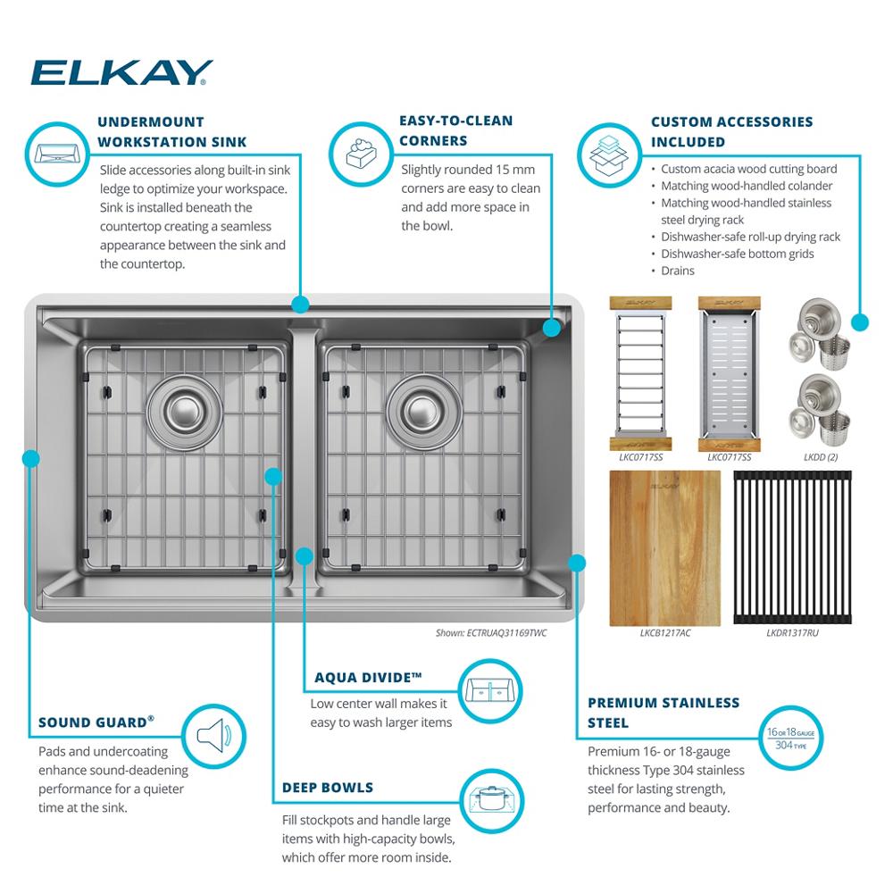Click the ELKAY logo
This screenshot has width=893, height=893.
point(121,72)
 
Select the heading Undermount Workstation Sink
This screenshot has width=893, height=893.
point(171,131)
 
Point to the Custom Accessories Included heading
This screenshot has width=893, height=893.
point(731,131)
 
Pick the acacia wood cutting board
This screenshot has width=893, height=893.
point(665,547)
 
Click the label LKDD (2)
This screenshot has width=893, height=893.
point(820,457)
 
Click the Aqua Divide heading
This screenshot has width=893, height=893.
point(368,678)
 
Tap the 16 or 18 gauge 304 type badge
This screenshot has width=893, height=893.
point(790,738)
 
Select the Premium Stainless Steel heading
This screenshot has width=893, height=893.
point(663,712)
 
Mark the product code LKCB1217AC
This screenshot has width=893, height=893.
point(665,633)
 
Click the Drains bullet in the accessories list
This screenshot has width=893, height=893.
point(677,271)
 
